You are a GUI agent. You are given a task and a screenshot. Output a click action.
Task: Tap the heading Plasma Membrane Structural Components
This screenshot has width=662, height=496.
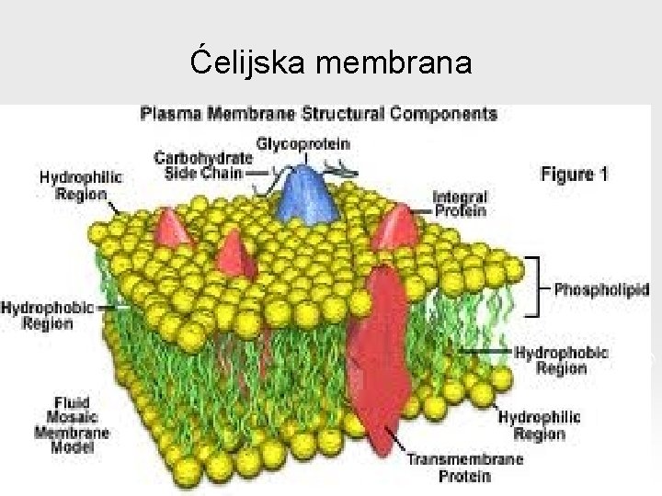tap(318, 115)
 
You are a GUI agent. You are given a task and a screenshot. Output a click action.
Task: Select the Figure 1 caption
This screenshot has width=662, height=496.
tap(573, 175)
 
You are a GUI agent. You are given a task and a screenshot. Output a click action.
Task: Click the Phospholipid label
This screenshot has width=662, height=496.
tap(601, 288)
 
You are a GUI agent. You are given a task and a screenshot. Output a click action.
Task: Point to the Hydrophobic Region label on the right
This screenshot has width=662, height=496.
tap(561, 360)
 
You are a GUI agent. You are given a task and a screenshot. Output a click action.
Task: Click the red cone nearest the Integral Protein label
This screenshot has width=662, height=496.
tap(395, 228)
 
